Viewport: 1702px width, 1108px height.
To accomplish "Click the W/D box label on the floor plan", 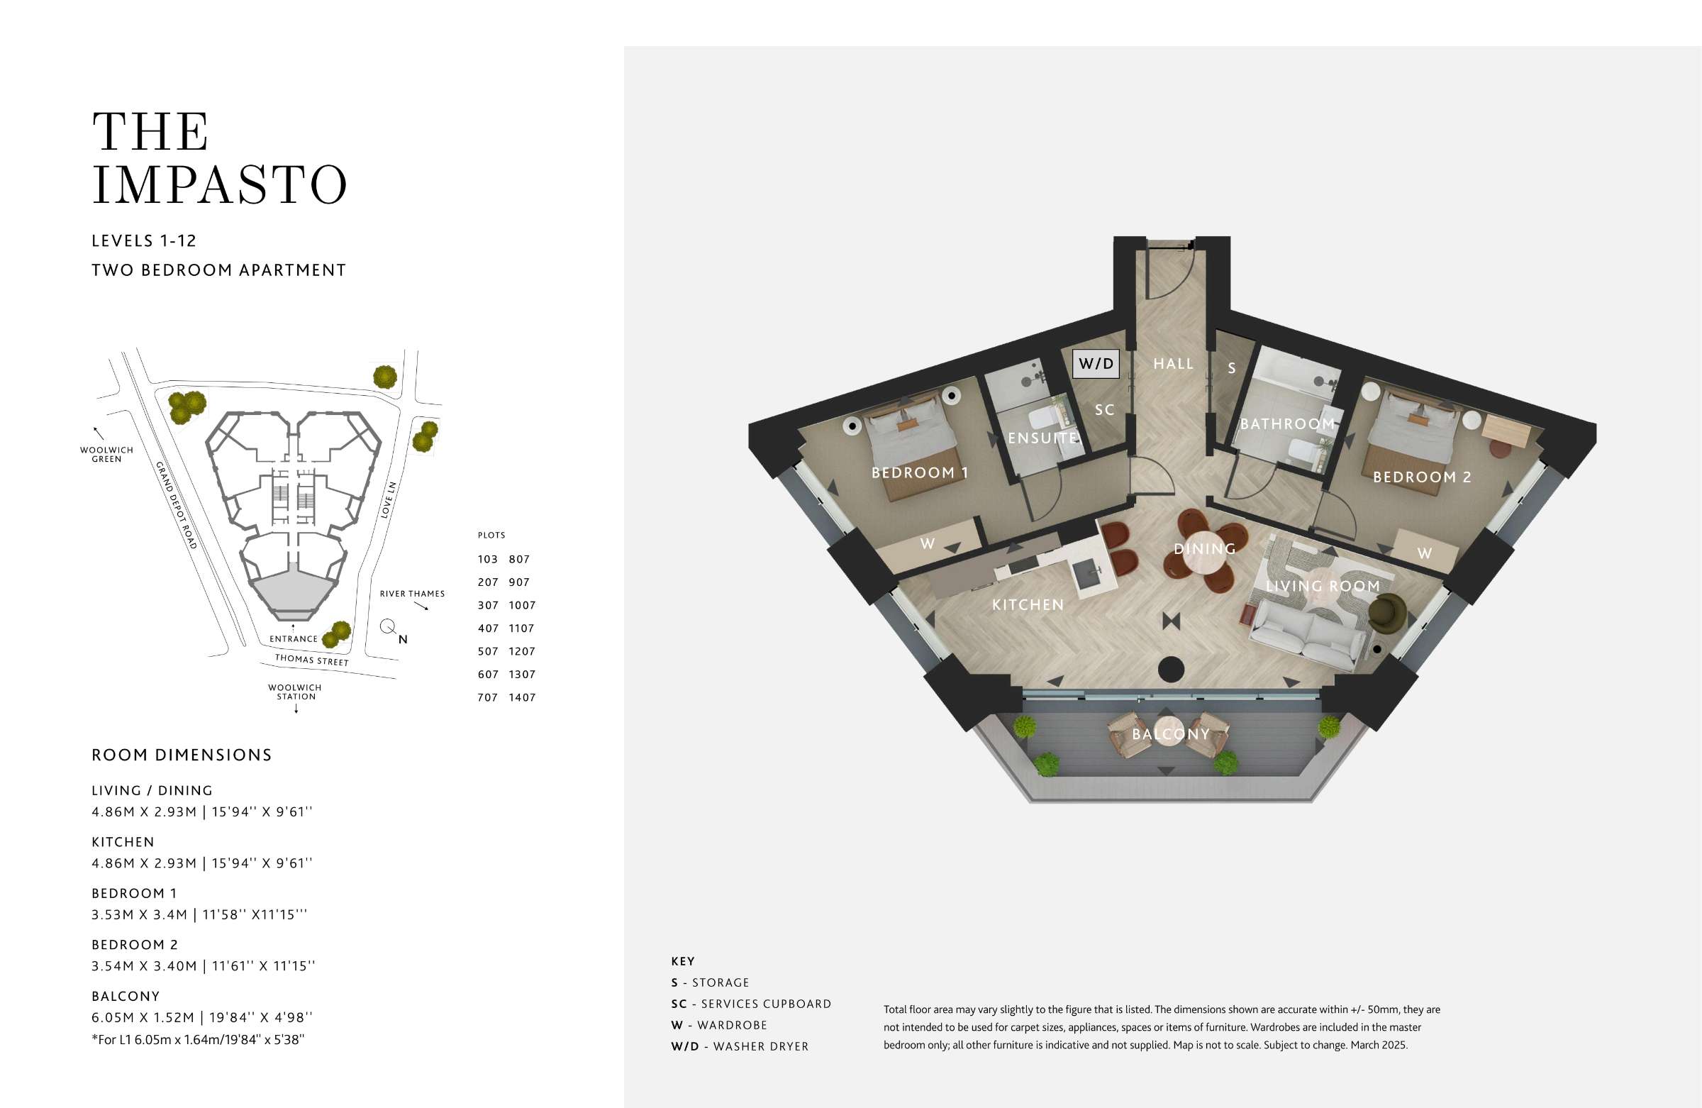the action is tap(1096, 363).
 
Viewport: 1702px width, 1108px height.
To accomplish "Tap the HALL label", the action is tap(1174, 364).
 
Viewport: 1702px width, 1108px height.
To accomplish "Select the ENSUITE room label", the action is tap(1042, 438).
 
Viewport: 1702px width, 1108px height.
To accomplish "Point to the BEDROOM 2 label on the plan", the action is tap(1422, 477).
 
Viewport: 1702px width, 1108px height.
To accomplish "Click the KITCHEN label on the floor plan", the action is tap(1028, 605).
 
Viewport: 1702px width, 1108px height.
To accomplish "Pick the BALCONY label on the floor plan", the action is tap(1171, 734).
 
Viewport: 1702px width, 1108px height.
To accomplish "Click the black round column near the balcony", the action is tap(1171, 670).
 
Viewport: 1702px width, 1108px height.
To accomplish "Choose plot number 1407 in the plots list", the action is tap(522, 697).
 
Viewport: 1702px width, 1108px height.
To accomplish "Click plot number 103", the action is tap(488, 560).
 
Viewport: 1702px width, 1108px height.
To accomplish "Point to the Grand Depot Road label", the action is tap(176, 505).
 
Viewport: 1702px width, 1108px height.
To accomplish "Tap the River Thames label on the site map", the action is tap(412, 594).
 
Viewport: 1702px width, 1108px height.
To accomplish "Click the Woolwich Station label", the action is tap(294, 692).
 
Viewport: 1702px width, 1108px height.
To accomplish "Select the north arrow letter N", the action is tap(404, 640).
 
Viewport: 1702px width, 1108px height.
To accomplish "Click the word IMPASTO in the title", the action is tap(220, 184).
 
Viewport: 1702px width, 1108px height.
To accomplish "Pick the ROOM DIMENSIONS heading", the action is tap(182, 755).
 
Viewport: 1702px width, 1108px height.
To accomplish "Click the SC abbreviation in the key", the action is tap(679, 1004).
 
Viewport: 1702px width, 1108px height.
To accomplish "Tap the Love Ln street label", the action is tap(388, 499).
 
